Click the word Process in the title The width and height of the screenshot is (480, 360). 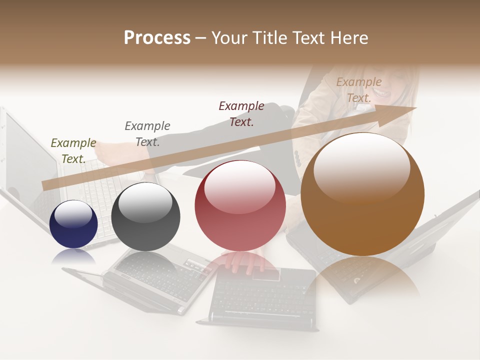tap(157, 38)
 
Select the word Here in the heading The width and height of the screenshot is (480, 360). tap(349, 38)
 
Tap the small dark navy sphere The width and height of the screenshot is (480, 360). tap(73, 224)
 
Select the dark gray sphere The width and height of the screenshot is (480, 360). tap(145, 216)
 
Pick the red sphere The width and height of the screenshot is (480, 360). tap(240, 206)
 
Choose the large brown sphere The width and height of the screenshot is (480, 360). tap(362, 194)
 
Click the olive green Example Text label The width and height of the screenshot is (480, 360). tap(73, 150)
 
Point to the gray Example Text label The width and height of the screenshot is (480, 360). tap(147, 133)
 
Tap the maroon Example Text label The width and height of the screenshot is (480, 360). tap(241, 113)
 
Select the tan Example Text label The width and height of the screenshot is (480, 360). tap(359, 89)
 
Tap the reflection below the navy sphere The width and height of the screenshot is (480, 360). tap(73, 256)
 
